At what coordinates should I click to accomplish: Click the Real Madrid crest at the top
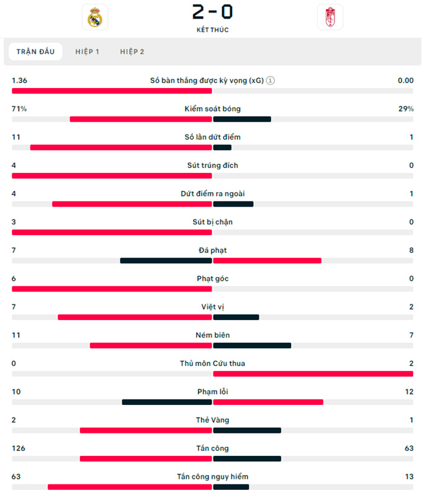(95, 17)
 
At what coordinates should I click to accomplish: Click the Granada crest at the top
(330, 17)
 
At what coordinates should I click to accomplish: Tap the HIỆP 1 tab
(87, 51)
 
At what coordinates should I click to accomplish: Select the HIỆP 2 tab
(132, 51)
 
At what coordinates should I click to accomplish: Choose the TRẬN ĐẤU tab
(35, 51)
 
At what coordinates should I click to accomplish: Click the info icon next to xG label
(271, 81)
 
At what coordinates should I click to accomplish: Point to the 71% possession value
(19, 109)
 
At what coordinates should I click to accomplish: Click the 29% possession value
(406, 109)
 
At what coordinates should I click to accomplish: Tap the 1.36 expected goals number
(19, 81)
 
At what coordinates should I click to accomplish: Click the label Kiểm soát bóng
(212, 109)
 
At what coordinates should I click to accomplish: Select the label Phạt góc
(212, 278)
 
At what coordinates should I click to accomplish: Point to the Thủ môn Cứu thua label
(212, 363)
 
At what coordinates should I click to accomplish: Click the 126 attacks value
(18, 448)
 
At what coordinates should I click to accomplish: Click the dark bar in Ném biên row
(252, 345)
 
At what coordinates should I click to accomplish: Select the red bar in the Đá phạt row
(267, 260)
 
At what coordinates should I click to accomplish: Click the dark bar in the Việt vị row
(236, 317)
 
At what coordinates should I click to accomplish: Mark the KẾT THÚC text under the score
(212, 30)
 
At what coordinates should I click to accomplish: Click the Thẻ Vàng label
(212, 420)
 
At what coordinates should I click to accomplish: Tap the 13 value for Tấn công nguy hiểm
(408, 476)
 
